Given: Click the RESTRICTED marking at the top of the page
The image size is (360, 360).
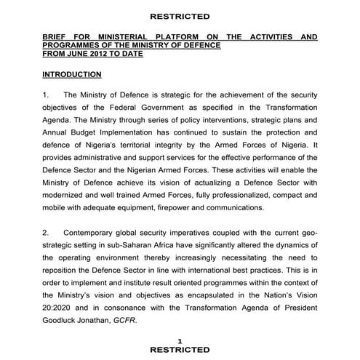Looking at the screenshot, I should coord(180,16).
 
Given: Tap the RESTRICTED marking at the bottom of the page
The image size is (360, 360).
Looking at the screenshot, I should coord(180,350).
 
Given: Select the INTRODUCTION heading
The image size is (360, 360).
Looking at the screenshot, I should coord(71,75).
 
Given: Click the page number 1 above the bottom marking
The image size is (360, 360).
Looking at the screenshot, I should coord(180,340).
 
